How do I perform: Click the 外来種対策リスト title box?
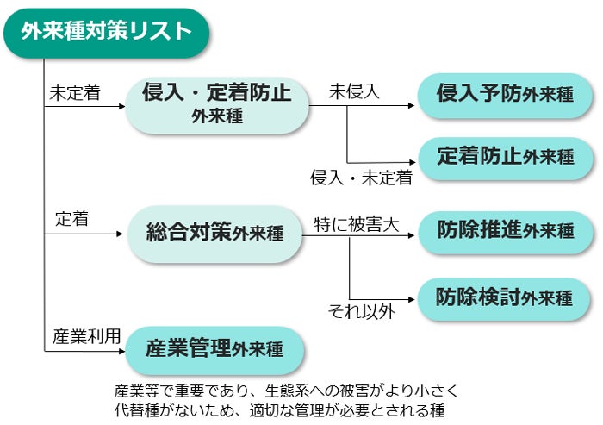coord(107,33)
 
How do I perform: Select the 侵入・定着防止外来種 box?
coord(217,105)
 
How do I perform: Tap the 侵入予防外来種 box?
coord(505,95)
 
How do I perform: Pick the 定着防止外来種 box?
coord(506,159)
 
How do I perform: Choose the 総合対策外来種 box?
coord(215,234)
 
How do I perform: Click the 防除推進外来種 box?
coord(506,232)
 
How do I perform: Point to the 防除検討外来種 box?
coord(504,299)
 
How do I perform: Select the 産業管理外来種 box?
coord(214,350)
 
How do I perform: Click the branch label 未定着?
coord(75,93)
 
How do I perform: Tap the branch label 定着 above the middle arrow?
coord(72,219)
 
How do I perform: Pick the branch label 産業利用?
coord(87,336)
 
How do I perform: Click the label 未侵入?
coord(354,91)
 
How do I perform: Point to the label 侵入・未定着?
coord(362,178)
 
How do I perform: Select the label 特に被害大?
coord(357,225)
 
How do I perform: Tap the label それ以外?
coord(362,311)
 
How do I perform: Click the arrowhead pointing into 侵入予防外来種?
coord(411,105)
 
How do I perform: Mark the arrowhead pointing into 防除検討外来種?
coord(411,299)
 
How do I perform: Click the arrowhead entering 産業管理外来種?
coord(122,351)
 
